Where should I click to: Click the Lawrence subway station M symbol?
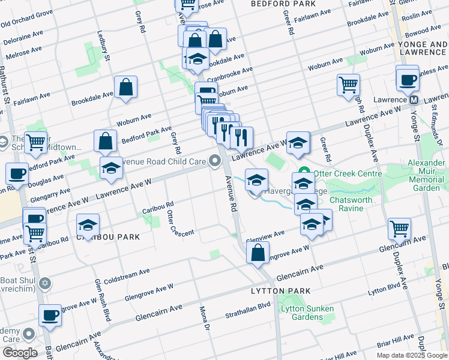(x=414, y=100)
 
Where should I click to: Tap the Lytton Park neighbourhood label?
(x=281, y=291)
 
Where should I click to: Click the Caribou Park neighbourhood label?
(x=108, y=237)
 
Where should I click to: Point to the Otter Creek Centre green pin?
(x=304, y=173)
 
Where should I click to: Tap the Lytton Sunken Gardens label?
(x=307, y=313)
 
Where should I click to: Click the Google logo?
(x=20, y=353)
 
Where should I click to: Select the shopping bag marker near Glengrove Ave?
(x=258, y=252)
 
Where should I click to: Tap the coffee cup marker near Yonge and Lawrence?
(x=408, y=79)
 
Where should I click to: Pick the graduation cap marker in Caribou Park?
(x=88, y=224)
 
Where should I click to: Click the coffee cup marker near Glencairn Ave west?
(x=50, y=314)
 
